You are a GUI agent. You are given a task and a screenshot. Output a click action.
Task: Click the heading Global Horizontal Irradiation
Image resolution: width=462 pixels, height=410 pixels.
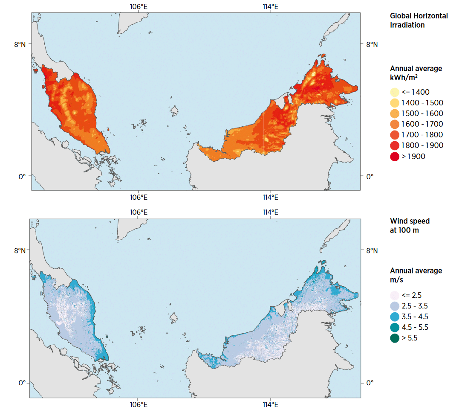tap(419, 20)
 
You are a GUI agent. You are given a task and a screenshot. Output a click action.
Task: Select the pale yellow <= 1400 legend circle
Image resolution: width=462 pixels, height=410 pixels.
tap(395, 92)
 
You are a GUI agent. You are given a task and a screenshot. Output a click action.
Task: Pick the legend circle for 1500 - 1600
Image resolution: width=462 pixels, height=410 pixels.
tap(395, 113)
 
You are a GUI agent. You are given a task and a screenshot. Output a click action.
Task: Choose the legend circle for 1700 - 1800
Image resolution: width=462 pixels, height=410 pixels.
tap(395, 135)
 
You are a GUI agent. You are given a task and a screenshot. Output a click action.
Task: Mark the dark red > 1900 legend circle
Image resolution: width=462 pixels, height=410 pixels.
tap(395, 157)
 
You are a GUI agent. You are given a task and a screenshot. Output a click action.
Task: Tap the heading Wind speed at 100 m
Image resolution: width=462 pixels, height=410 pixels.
tap(410, 226)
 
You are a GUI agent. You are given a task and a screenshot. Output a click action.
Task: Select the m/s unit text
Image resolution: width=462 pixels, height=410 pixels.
tap(397, 280)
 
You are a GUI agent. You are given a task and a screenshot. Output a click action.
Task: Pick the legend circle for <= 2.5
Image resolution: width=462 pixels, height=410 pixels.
tap(395, 295)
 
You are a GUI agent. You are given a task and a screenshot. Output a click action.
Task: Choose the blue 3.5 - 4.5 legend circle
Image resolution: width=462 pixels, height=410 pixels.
tap(395, 317)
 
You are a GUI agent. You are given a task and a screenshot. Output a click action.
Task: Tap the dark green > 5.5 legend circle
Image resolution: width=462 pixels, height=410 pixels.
tap(395, 338)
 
